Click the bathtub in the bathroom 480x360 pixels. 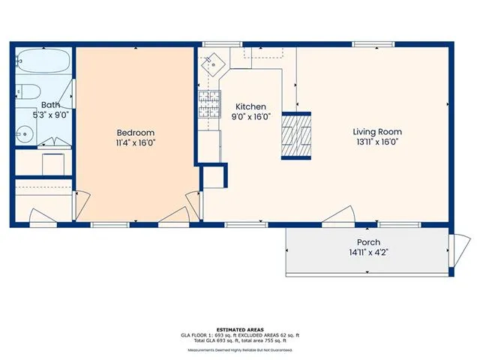point(43,60)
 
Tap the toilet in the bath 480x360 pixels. point(26,91)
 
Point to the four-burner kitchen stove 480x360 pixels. point(208,105)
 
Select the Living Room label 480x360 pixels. point(376,131)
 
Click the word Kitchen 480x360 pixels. point(250,106)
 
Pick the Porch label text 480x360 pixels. point(367,241)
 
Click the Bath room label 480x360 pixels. point(50,105)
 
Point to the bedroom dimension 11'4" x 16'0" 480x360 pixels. point(135,141)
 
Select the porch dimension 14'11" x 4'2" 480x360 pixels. point(367,252)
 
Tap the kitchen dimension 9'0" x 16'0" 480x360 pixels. point(250,116)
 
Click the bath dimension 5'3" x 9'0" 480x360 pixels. point(50,115)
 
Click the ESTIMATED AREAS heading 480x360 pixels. point(240,329)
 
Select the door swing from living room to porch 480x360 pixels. point(339,215)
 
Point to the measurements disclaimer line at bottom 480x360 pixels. point(240,349)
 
